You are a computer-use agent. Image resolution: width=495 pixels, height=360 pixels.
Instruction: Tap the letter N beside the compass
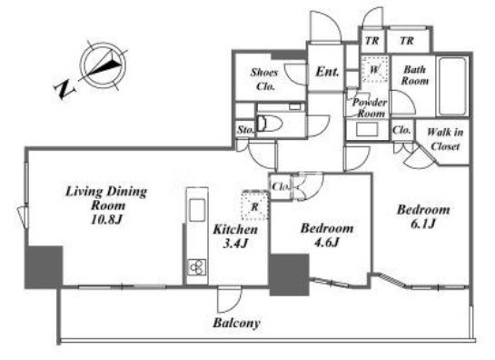(64, 89)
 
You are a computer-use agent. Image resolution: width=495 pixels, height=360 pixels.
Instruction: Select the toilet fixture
(269, 124)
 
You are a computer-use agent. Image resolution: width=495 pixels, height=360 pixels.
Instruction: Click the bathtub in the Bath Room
(452, 86)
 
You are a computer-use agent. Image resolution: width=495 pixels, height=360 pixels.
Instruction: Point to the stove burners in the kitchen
(197, 267)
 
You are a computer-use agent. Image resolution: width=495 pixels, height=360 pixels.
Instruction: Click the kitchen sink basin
(197, 210)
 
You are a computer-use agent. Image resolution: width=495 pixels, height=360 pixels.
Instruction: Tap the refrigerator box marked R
(255, 205)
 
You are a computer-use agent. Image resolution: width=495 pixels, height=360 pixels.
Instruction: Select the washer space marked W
(374, 69)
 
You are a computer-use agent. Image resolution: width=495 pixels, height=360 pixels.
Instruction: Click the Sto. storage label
(245, 130)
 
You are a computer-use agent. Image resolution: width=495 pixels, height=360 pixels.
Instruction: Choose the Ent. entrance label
(327, 72)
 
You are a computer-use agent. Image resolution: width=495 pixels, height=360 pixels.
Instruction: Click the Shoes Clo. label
(264, 79)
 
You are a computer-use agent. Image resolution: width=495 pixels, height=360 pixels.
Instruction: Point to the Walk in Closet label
(445, 139)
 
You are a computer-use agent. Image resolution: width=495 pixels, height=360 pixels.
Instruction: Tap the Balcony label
(236, 323)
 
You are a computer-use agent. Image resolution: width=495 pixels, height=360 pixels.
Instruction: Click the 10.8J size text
(106, 220)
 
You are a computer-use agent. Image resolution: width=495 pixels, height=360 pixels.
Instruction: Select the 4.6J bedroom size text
(327, 243)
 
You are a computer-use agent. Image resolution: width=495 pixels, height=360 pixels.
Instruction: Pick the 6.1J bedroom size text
(423, 224)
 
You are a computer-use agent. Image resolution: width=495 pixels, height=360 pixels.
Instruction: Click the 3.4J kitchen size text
(235, 244)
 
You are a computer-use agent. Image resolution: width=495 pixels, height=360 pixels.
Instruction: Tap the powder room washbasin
(367, 130)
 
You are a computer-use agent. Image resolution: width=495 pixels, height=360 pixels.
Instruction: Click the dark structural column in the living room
(44, 267)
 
